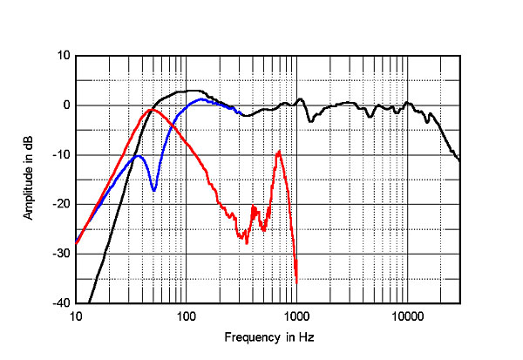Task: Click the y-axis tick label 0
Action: pos(65,105)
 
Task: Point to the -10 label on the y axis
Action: pos(61,155)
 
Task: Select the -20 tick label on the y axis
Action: pos(61,205)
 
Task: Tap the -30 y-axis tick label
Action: pos(61,254)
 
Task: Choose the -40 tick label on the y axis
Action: pos(61,303)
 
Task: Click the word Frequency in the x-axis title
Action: pos(249,337)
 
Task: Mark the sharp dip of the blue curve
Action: pos(153,190)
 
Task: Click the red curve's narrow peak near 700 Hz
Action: pos(279,152)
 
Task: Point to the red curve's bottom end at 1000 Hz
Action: pos(296,282)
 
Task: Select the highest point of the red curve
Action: pos(152,110)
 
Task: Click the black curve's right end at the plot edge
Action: pos(459,161)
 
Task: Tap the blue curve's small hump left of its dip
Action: pos(137,156)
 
